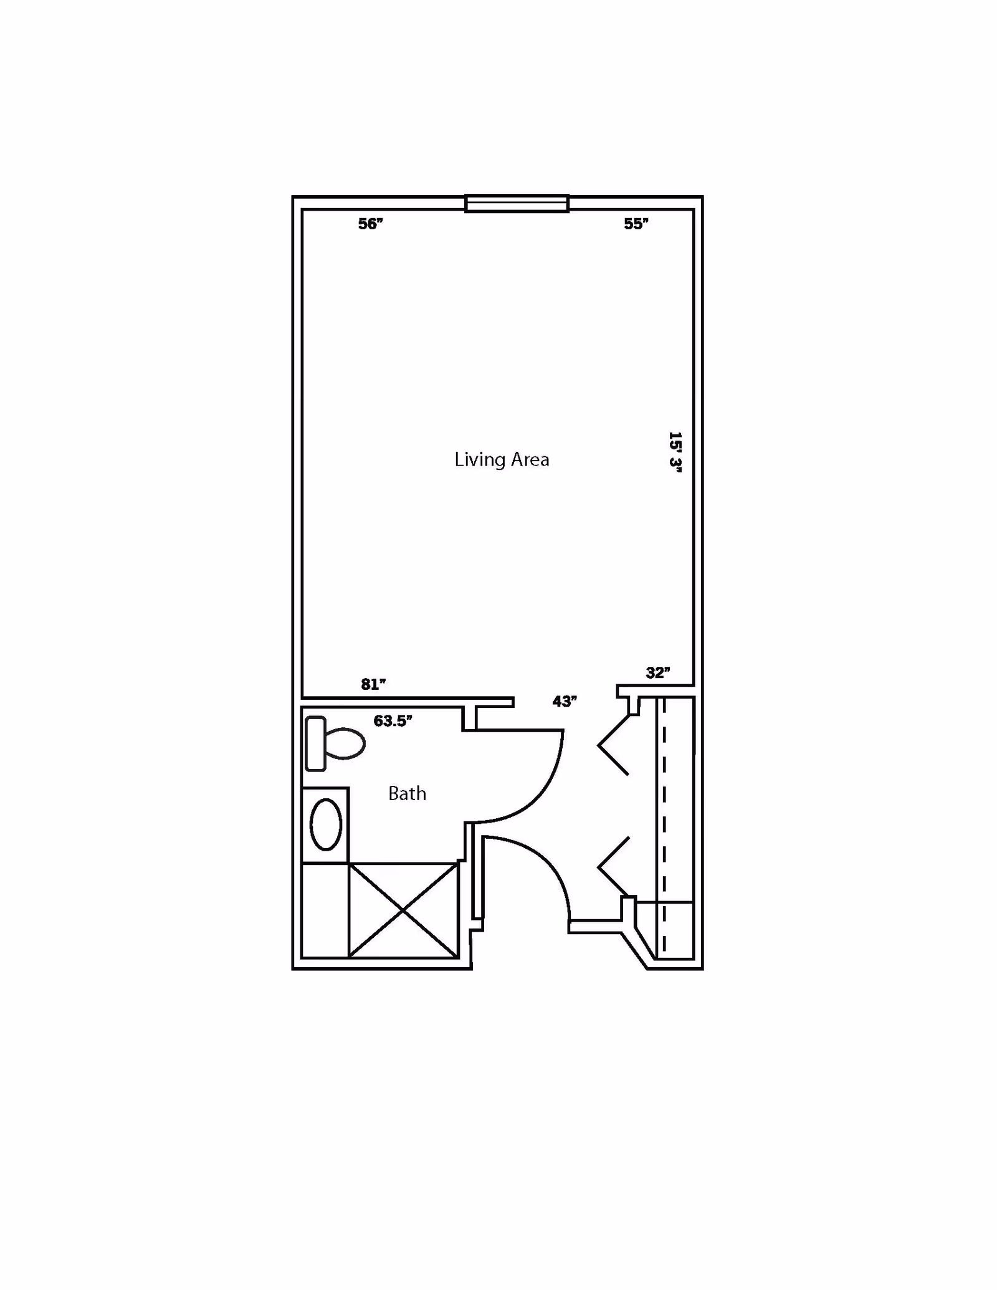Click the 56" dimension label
tap(370, 224)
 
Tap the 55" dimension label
tap(636, 224)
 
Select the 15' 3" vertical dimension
tap(675, 452)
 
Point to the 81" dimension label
tap(373, 684)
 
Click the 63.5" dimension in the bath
tap(393, 721)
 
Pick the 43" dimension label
tap(565, 701)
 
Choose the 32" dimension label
tap(658, 672)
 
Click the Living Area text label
tap(502, 460)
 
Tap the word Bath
tap(407, 793)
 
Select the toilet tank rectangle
tap(316, 743)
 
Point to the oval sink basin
tap(326, 824)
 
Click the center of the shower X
tap(404, 910)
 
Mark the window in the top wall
tap(517, 204)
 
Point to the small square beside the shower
tap(325, 910)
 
